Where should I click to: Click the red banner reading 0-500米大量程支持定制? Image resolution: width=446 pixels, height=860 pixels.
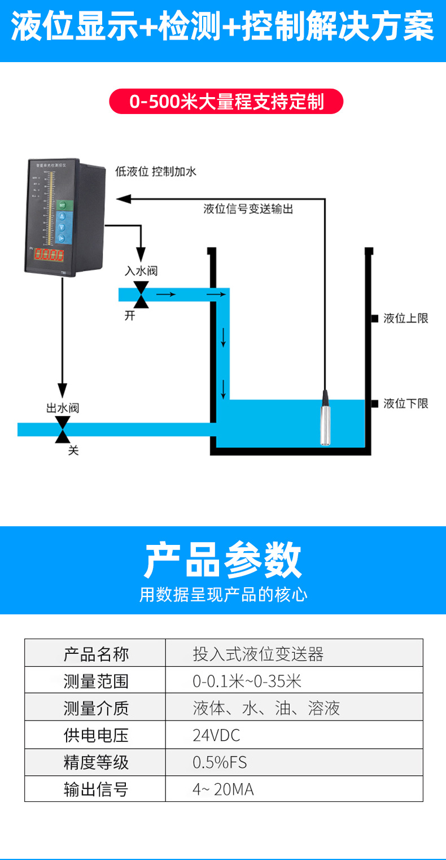[x=226, y=102]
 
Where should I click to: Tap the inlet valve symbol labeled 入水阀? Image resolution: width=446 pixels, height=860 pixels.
[x=141, y=294]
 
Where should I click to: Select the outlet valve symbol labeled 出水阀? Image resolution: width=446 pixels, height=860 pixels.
[x=63, y=429]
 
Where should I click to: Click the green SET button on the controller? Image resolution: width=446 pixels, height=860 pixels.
[x=62, y=204]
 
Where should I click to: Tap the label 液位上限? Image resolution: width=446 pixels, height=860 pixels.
[x=405, y=318]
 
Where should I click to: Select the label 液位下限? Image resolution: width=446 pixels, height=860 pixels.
[x=405, y=403]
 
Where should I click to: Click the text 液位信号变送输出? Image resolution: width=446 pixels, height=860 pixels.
[x=248, y=209]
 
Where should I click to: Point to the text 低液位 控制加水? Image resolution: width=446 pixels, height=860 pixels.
[x=156, y=172]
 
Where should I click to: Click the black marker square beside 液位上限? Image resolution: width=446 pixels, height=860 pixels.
[x=374, y=318]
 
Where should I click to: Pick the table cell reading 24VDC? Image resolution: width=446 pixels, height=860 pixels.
[x=216, y=735]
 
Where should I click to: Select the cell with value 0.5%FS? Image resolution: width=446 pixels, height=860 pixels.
[x=220, y=762]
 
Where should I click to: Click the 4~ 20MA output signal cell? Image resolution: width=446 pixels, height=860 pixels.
[x=223, y=789]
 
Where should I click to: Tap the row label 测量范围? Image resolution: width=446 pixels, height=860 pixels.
[x=96, y=681]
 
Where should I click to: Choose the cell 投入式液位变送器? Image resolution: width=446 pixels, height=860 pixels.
[x=258, y=654]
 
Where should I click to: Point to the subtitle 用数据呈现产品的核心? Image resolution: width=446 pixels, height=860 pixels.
[x=223, y=595]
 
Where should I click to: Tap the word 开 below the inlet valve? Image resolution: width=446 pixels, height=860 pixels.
[x=130, y=316]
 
